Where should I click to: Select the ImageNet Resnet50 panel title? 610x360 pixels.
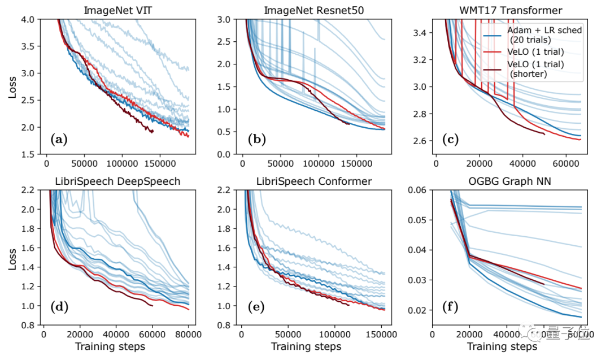point(310,10)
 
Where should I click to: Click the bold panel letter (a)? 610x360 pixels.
point(58,138)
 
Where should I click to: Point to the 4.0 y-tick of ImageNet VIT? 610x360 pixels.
point(28,19)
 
